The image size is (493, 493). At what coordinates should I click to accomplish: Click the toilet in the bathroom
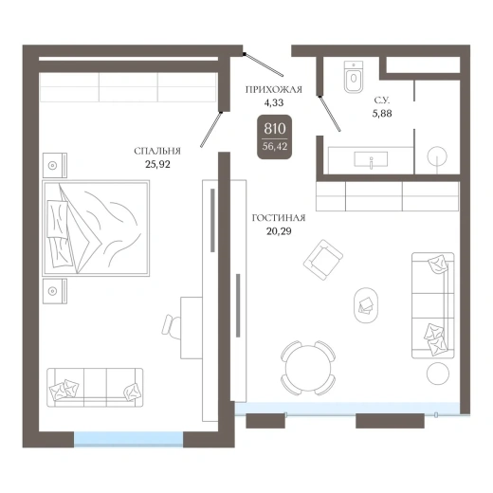coord(354,77)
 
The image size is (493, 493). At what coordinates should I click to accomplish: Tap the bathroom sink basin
coord(371,159)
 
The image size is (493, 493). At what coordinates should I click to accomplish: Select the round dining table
coord(308,368)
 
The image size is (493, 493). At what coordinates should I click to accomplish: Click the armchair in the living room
coord(323,260)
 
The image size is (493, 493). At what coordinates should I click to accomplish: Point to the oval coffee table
coord(366,305)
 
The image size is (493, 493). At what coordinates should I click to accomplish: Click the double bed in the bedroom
coord(96,228)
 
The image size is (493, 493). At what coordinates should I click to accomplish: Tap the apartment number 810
coord(275,129)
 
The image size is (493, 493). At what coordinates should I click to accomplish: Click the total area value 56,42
coord(275,146)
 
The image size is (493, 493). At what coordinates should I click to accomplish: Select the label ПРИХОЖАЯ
coord(274,90)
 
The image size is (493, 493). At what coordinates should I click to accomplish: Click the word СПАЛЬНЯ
coord(157,151)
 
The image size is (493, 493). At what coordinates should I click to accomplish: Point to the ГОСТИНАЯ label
coord(279,218)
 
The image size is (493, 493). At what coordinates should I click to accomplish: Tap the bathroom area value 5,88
coord(382,114)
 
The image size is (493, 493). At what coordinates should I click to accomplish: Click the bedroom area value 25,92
coord(157,164)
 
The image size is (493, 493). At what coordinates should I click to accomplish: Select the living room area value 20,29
coord(279,231)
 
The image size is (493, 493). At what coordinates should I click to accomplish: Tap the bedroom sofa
coord(95,388)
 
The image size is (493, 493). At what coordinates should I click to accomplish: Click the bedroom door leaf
coord(210,130)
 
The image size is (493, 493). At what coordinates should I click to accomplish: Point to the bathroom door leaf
coord(330,114)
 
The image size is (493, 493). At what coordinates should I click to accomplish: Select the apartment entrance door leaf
coord(265,64)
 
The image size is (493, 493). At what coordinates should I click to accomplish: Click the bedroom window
coord(129,439)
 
